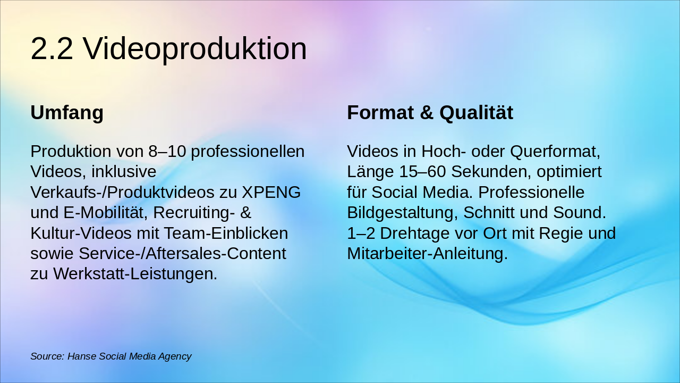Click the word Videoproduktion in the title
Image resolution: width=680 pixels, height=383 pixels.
(x=195, y=49)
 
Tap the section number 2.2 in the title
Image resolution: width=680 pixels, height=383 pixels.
(x=52, y=49)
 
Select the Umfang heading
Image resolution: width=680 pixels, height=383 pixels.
(x=67, y=113)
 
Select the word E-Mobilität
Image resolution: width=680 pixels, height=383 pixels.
(x=106, y=213)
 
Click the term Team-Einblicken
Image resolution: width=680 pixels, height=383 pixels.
(x=225, y=234)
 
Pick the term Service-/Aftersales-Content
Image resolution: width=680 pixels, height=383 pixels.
(x=182, y=254)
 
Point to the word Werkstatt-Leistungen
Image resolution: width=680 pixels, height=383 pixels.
(x=135, y=274)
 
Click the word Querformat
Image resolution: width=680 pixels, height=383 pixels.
(x=555, y=152)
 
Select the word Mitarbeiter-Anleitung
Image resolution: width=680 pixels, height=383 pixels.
(x=427, y=254)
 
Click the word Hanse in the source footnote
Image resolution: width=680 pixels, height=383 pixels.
(x=82, y=356)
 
